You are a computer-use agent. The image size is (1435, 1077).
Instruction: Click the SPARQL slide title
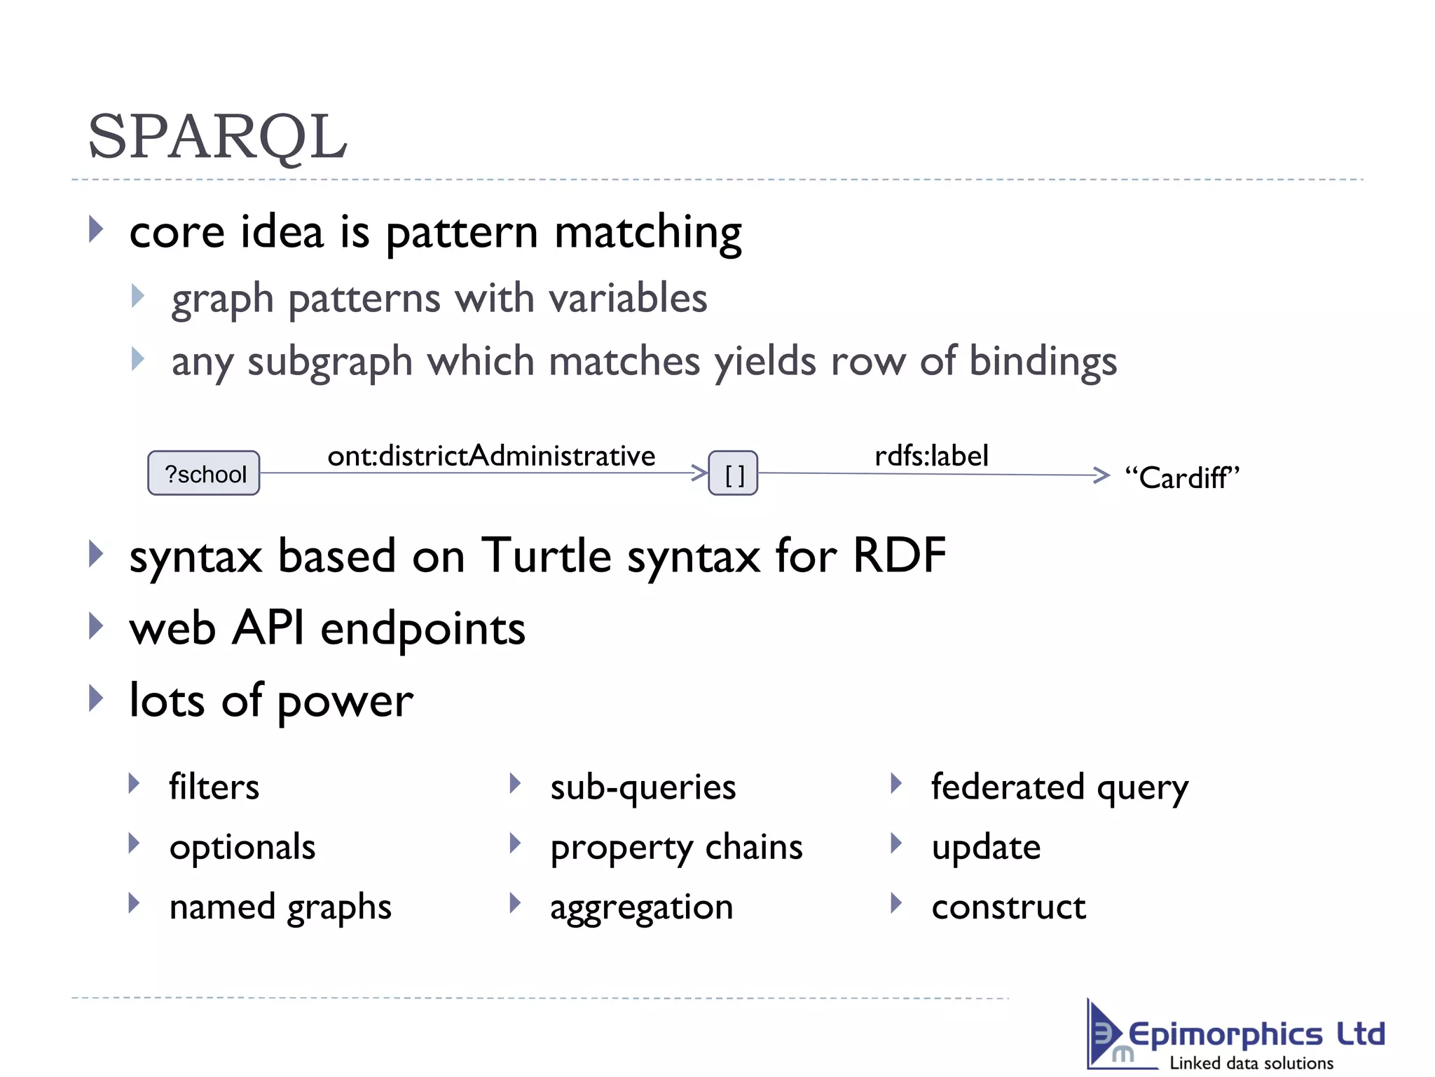tap(217, 137)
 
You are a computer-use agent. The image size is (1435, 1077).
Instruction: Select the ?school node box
tap(204, 473)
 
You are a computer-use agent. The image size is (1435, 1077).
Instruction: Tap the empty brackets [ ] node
tap(733, 475)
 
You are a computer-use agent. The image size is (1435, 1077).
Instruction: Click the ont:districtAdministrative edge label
tap(491, 456)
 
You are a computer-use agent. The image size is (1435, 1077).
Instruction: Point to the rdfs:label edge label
tap(931, 456)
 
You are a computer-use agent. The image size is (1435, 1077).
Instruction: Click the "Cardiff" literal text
tap(1181, 477)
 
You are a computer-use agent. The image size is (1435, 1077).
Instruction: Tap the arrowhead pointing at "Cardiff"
tap(1101, 475)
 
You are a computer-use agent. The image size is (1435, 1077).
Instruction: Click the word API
tap(268, 628)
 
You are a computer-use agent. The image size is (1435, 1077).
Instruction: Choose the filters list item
tap(214, 787)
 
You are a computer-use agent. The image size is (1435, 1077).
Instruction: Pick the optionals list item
tap(242, 847)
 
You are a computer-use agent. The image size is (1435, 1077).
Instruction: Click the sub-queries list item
tap(643, 787)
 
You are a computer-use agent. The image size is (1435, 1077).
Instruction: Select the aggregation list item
tap(641, 907)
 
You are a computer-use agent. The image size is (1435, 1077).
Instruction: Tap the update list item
tap(986, 847)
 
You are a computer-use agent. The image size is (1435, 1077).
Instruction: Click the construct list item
tap(1008, 907)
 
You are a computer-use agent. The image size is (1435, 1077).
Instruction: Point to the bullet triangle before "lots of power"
tap(96, 698)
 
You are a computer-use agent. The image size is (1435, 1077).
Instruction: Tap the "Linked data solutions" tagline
tap(1251, 1063)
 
